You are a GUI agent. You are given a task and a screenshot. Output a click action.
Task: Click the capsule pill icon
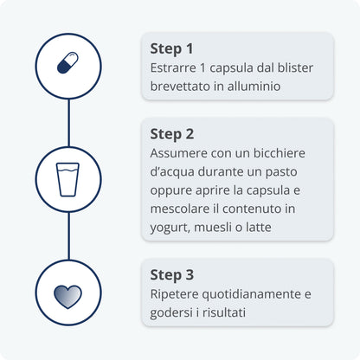click(x=67, y=63)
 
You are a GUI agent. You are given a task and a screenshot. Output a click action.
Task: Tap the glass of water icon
click(x=67, y=179)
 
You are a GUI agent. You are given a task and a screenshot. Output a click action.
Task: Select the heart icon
click(x=67, y=297)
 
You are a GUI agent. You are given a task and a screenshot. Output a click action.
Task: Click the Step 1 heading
click(x=171, y=48)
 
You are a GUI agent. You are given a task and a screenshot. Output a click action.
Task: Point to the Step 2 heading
click(x=172, y=134)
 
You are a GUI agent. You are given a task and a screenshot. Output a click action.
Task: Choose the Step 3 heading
click(x=172, y=275)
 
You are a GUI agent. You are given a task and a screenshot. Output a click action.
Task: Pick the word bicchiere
click(x=280, y=153)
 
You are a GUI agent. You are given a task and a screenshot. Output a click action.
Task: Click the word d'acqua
click(x=172, y=172)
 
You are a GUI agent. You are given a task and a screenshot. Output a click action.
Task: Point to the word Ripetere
click(x=174, y=294)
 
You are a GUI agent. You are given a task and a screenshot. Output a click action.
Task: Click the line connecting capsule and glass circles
click(x=68, y=123)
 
